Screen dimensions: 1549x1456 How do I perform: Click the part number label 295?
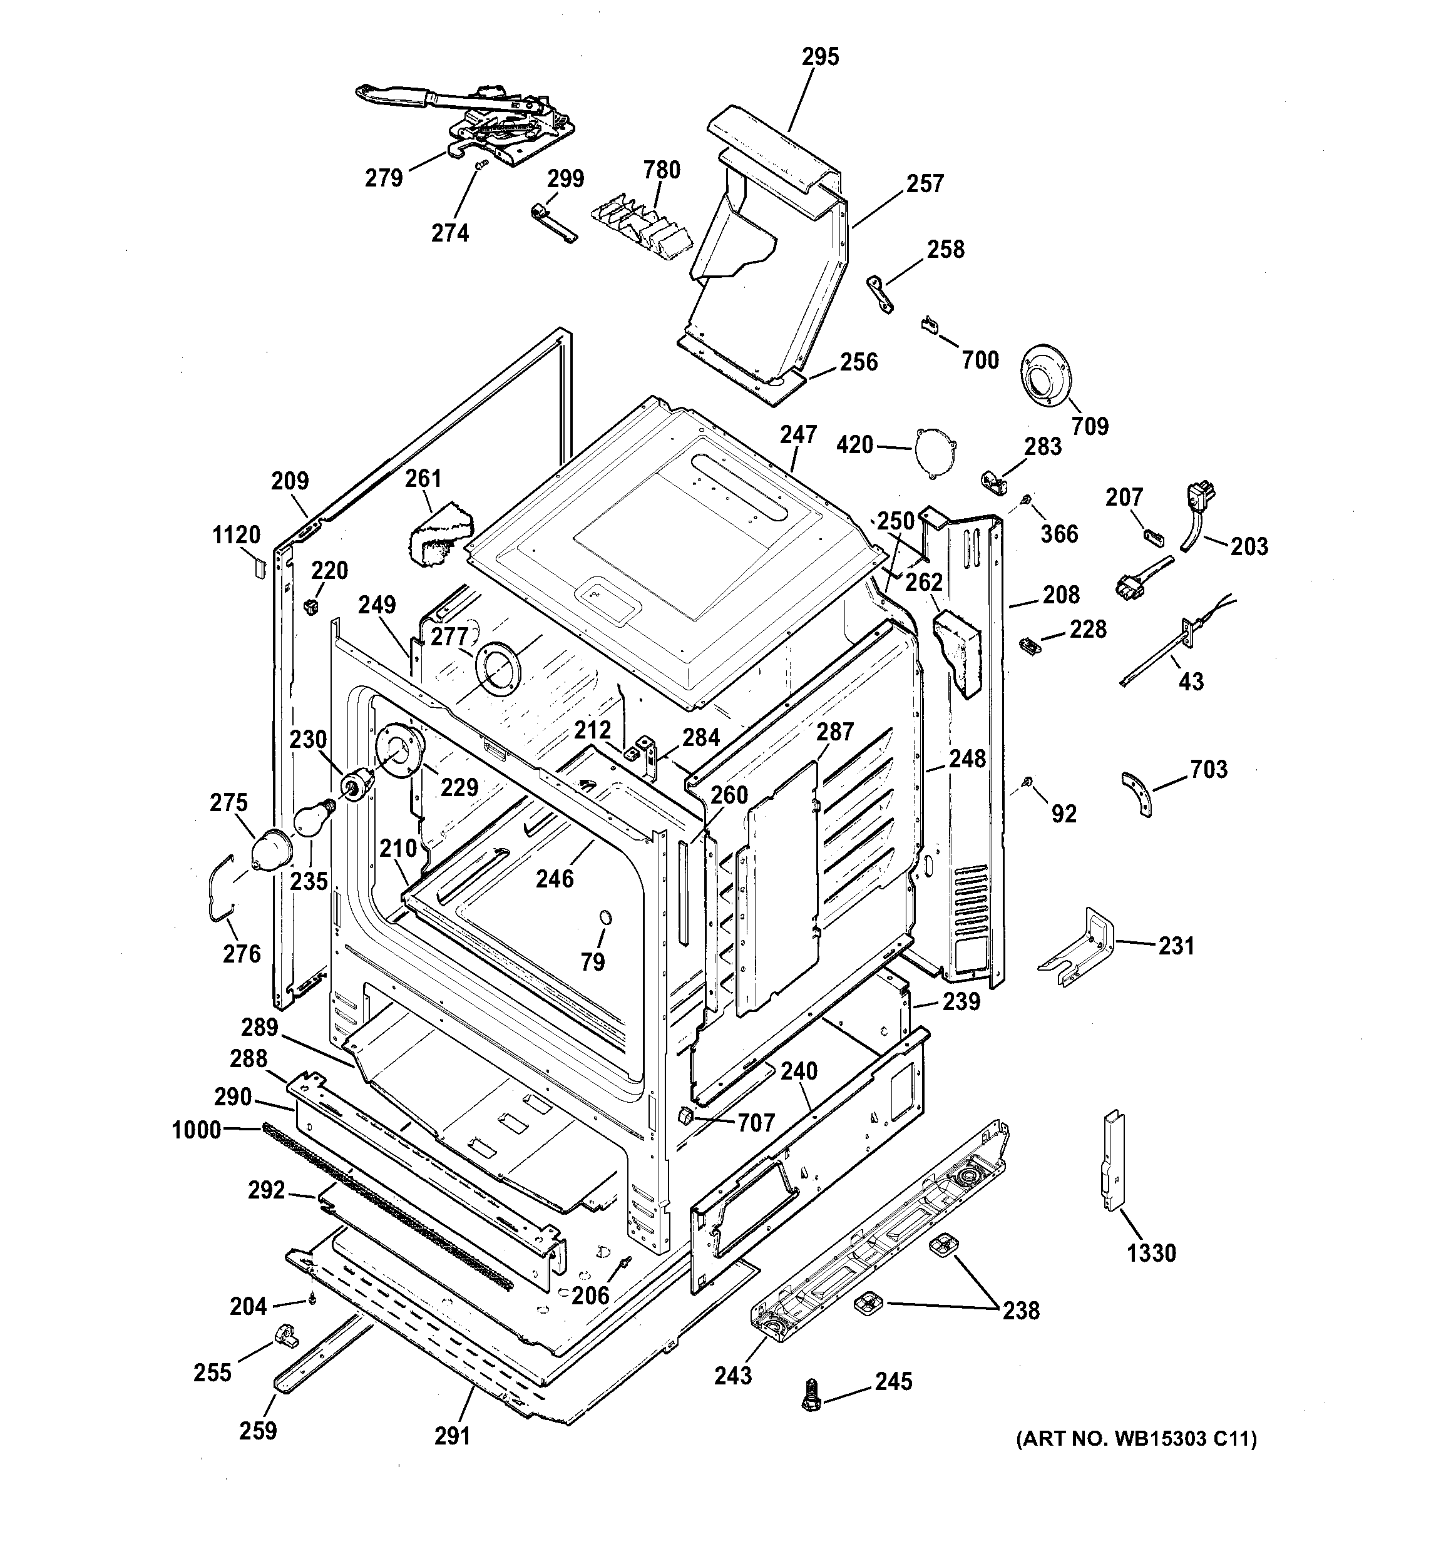click(x=820, y=57)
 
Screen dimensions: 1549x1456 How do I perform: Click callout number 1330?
click(x=1151, y=1275)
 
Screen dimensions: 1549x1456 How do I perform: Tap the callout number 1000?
click(x=197, y=1130)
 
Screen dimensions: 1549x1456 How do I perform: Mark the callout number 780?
click(x=662, y=170)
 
